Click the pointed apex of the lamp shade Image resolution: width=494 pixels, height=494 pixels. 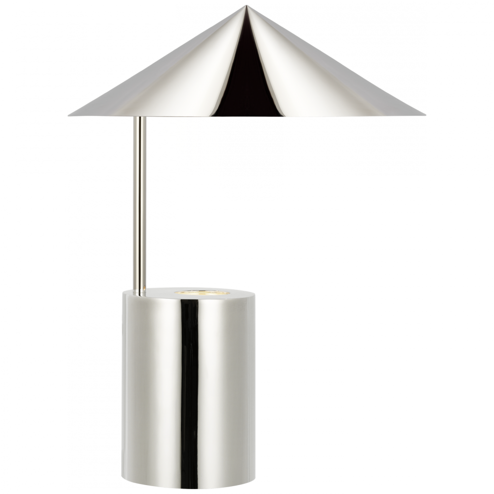click(247, 6)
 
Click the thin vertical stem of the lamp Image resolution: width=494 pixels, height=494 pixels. click(141, 198)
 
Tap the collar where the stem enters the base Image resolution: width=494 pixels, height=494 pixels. click(141, 291)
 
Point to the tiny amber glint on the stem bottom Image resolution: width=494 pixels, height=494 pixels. click(142, 287)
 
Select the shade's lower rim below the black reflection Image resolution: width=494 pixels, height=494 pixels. click(247, 117)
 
